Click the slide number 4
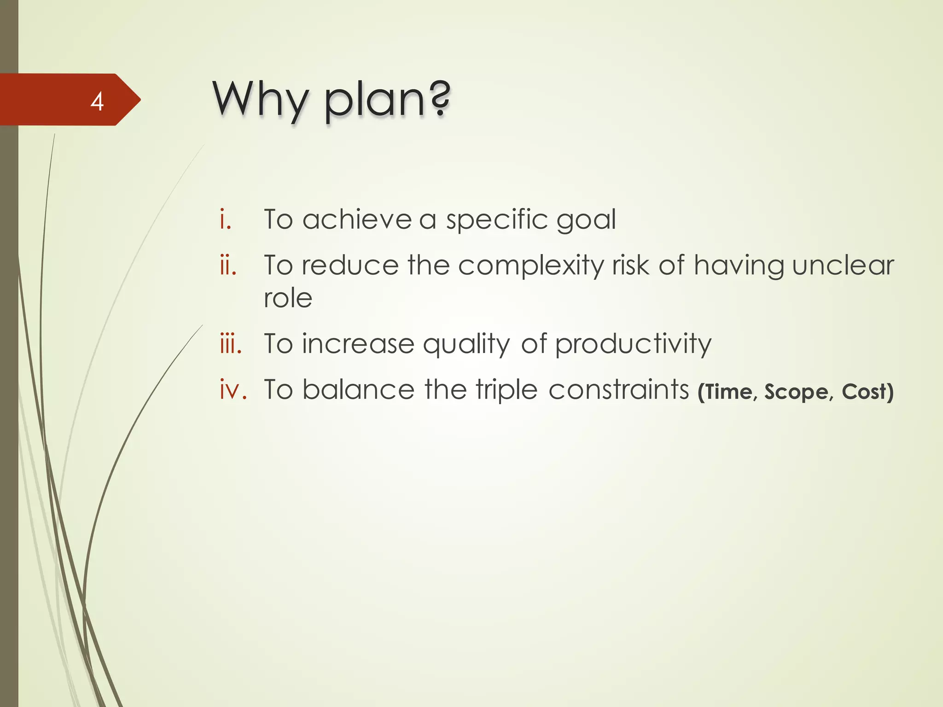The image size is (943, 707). tap(97, 101)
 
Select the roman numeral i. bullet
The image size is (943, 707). tap(225, 219)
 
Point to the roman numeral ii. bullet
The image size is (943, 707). tap(228, 266)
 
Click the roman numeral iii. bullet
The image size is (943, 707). tap(231, 344)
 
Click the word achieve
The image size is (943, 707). tap(357, 219)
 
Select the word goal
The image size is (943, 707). tap(586, 220)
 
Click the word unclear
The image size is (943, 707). tap(843, 266)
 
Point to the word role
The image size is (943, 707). tap(288, 298)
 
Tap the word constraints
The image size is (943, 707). tap(618, 390)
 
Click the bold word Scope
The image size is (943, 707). tap(796, 392)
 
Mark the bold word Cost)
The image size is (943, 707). tap(867, 392)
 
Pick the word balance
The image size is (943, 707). tap(358, 390)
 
